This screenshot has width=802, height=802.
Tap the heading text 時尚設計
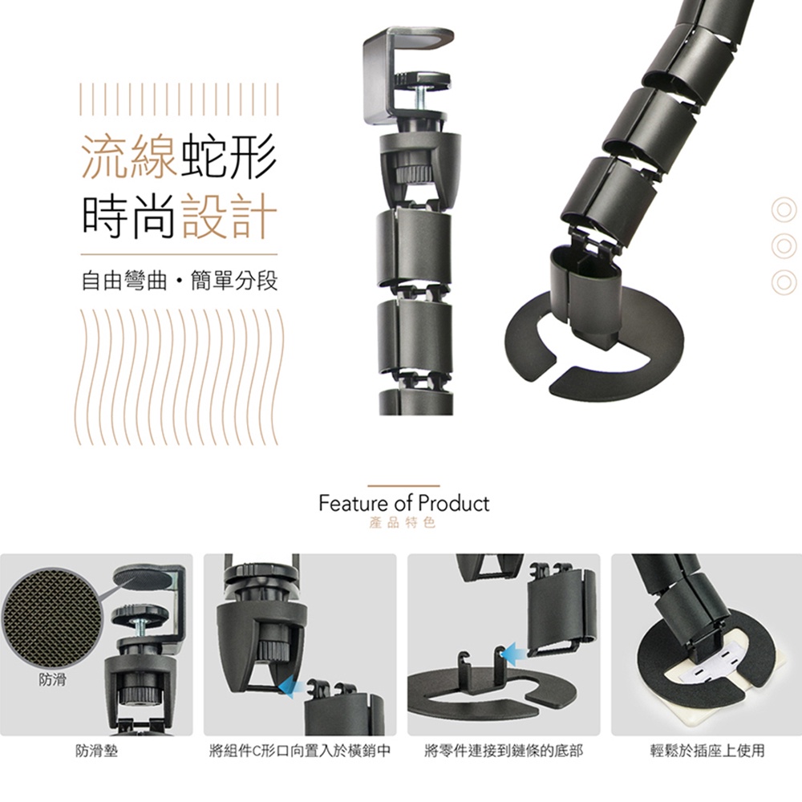[180, 217]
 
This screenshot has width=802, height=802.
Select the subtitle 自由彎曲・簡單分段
[180, 281]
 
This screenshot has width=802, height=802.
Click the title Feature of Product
[404, 504]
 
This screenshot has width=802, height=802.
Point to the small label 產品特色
[402, 523]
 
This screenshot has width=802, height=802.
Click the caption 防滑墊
[96, 751]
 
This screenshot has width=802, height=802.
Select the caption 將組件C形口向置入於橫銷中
[300, 751]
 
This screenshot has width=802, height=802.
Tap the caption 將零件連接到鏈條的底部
[504, 751]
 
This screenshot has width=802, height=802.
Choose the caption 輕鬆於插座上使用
[707, 751]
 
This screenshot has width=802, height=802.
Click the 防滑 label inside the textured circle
[53, 680]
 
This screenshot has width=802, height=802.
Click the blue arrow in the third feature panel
[514, 653]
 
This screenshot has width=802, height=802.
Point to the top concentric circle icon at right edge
[784, 210]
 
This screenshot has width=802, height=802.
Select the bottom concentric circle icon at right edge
[784, 282]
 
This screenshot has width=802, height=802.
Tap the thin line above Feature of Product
[403, 485]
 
